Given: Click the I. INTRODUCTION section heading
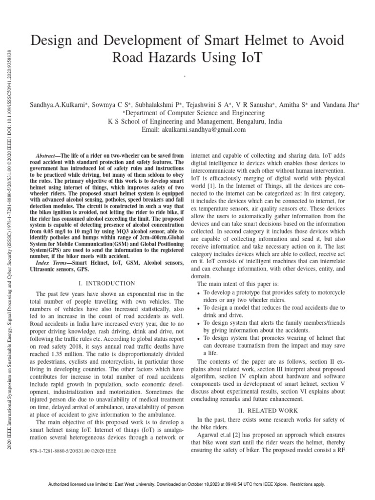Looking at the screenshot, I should point(106,283).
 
